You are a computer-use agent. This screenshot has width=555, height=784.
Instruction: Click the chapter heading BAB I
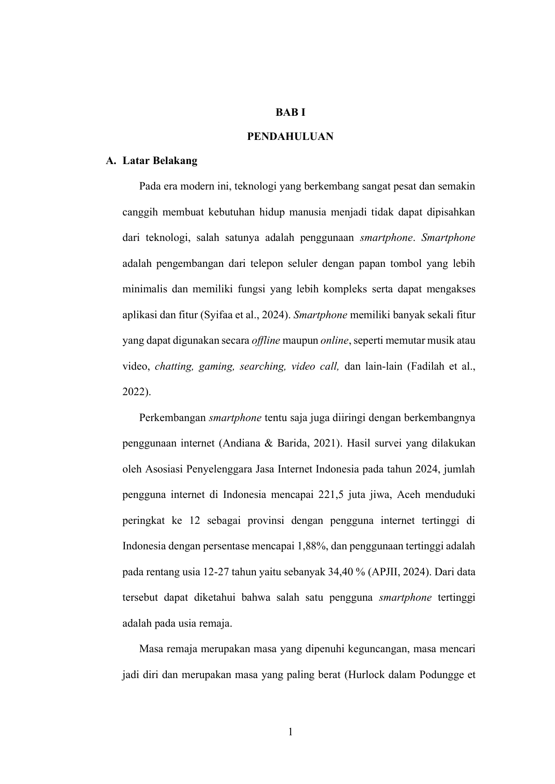[290, 113]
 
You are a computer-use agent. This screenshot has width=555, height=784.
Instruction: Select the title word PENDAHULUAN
[290, 137]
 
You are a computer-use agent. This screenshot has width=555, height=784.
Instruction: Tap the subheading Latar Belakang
[160, 161]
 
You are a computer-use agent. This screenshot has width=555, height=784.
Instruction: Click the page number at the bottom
[290, 732]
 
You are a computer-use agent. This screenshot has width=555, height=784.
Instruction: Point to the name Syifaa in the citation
[218, 315]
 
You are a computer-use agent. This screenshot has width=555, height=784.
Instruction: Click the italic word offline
[266, 341]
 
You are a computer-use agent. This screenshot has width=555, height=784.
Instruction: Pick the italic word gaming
[216, 367]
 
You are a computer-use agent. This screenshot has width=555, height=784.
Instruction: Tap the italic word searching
[263, 367]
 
